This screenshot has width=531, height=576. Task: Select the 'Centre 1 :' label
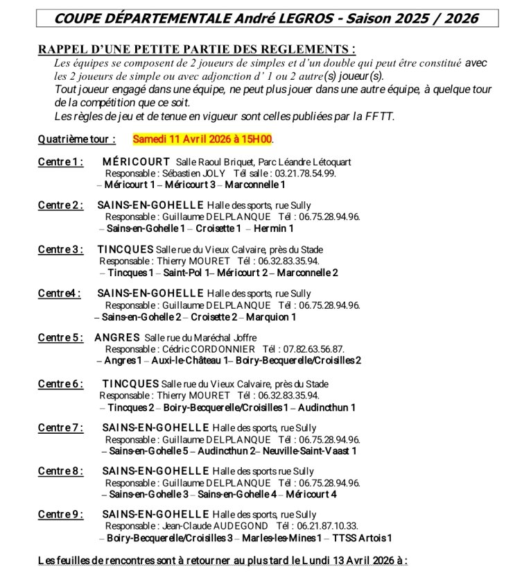[61, 161]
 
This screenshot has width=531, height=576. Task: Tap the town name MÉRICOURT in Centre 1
[137, 161]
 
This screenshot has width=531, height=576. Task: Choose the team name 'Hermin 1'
[273, 228]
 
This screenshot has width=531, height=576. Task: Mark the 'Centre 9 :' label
[61, 514]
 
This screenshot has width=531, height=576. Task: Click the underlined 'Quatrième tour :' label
[76, 139]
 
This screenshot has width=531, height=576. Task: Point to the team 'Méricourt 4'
[311, 494]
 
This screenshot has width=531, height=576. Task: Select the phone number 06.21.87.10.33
[317, 526]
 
